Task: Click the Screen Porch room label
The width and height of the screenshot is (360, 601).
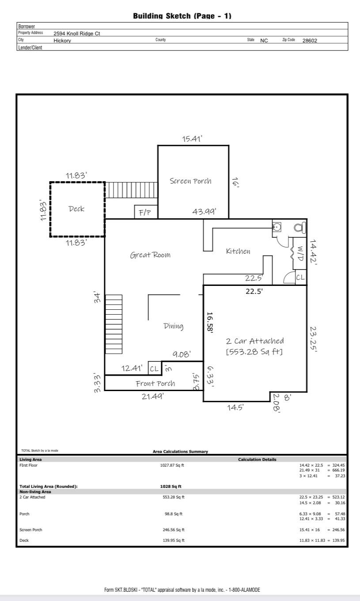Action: coord(190,181)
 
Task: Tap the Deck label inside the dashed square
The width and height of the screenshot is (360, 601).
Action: coord(76,209)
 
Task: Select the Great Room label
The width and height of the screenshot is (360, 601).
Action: coord(150,255)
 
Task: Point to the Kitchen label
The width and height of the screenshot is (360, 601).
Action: coord(238,251)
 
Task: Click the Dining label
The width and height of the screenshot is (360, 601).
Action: coord(173,326)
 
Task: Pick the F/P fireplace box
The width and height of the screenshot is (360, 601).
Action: coord(145,213)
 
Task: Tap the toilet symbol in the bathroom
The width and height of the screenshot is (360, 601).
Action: coord(299,228)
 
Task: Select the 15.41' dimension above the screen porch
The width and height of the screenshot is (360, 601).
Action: coord(192,139)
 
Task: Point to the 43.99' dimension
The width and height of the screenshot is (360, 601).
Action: coord(204,212)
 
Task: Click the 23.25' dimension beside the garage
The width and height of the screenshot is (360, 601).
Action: coord(313,339)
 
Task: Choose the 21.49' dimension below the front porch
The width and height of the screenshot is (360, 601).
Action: coord(152,396)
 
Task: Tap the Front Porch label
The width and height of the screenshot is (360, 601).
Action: coord(155,383)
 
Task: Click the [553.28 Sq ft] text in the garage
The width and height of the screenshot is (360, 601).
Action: coord(254,352)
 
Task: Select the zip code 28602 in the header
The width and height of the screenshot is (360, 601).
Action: coord(310,40)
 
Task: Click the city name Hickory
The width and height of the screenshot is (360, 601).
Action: coord(62,40)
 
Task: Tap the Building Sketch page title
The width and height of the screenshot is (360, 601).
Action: coord(182,16)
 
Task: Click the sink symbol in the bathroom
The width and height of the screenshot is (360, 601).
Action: coord(277,228)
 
